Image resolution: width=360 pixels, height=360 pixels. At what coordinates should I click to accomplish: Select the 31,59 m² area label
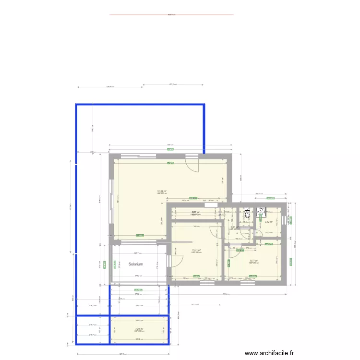pos(161,191)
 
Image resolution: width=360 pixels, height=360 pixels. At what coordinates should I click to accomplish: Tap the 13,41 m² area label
pos(196,250)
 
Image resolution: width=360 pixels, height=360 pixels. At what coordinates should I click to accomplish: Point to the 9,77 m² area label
pos(254,260)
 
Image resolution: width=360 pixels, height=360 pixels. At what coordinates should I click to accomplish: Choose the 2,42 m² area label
pos(268,222)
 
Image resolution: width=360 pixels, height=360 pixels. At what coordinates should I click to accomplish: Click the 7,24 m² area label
pos(139,329)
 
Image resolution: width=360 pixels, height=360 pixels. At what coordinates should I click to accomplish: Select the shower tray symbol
pos(262,211)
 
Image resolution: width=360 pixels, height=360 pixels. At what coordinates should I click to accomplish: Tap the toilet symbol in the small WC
pos(247,212)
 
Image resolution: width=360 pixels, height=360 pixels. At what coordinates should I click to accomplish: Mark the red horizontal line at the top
pos(171,14)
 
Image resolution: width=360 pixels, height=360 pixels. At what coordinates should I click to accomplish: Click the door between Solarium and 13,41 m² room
pos(169,261)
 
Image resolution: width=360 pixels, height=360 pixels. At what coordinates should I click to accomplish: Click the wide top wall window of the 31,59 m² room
pos(138,156)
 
